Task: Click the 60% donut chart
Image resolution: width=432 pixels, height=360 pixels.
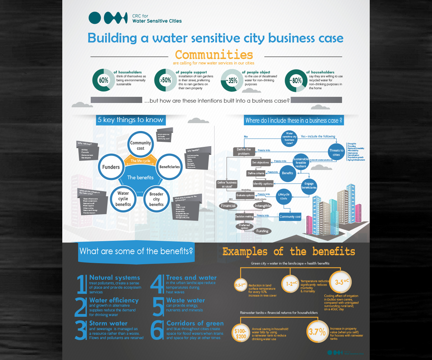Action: (104, 80)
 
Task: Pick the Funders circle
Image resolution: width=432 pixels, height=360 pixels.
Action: (111, 167)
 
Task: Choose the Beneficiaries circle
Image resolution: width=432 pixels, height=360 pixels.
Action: (169, 167)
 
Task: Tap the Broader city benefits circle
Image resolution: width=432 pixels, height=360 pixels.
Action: (156, 199)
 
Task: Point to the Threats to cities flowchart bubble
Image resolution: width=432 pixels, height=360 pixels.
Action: (336, 153)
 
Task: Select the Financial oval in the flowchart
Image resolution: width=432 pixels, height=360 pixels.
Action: (228, 206)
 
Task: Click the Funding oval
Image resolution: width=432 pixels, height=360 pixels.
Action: (262, 231)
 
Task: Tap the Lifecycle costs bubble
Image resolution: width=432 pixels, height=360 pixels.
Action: (284, 197)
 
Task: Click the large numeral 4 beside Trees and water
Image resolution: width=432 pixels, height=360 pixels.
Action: (157, 284)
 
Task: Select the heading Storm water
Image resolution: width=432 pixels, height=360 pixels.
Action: (108, 323)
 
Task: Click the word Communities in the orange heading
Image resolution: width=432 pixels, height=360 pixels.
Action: (214, 55)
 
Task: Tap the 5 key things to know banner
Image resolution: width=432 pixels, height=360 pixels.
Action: (130, 120)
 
